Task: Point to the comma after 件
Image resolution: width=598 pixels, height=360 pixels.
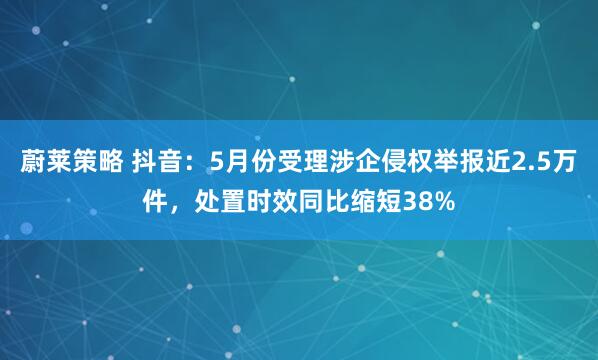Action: (183, 205)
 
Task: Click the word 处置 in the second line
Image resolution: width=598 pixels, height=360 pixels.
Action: (221, 203)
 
